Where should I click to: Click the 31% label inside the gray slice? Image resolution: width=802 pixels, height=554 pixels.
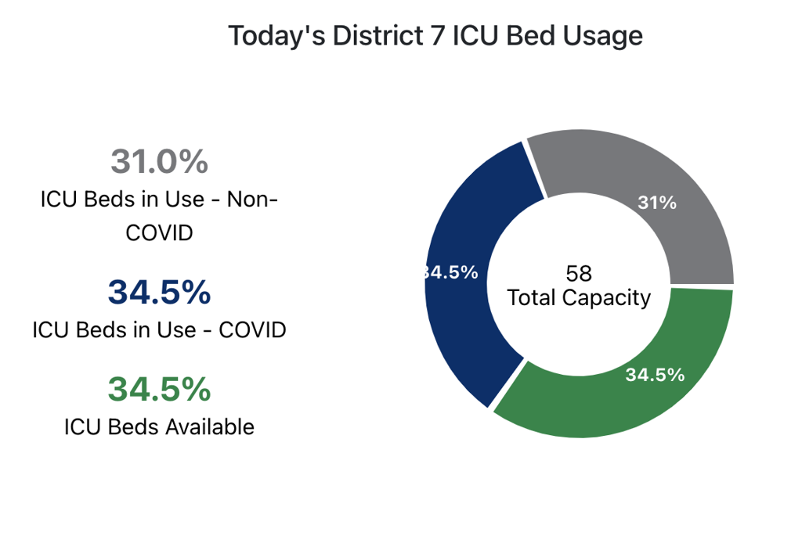click(657, 203)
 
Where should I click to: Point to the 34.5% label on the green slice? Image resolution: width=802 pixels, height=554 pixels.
click(655, 375)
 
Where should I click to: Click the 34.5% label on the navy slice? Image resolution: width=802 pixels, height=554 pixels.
click(450, 272)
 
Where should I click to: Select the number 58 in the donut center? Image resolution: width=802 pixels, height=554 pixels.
click(579, 274)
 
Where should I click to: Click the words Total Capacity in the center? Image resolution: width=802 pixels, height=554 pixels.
click(579, 297)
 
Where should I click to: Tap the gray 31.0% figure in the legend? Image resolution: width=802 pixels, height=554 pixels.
click(160, 161)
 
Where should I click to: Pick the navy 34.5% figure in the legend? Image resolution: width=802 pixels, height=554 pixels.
click(160, 292)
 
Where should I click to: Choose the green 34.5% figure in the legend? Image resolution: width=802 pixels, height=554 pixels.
click(160, 389)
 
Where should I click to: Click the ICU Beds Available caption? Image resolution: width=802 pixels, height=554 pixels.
click(159, 427)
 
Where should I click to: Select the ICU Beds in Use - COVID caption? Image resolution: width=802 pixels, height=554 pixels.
click(159, 330)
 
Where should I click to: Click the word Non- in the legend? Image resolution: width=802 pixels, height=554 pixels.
click(252, 200)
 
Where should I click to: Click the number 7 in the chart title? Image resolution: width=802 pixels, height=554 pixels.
click(438, 36)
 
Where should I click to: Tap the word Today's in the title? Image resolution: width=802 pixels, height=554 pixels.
click(276, 37)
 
